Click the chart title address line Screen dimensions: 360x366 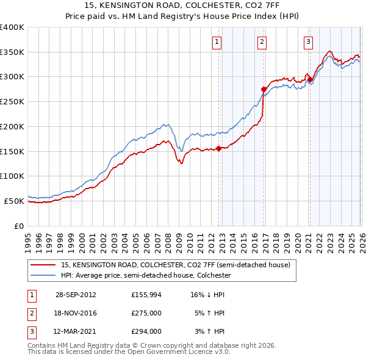point(183,5)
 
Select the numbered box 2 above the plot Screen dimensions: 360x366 point(262,42)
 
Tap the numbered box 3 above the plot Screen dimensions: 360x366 point(308,42)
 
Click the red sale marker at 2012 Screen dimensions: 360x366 point(218,148)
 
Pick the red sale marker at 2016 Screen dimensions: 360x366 point(264,88)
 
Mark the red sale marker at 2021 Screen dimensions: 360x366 point(310,79)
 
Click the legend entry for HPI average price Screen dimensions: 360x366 point(146,275)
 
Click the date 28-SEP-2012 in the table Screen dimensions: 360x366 point(76,294)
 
